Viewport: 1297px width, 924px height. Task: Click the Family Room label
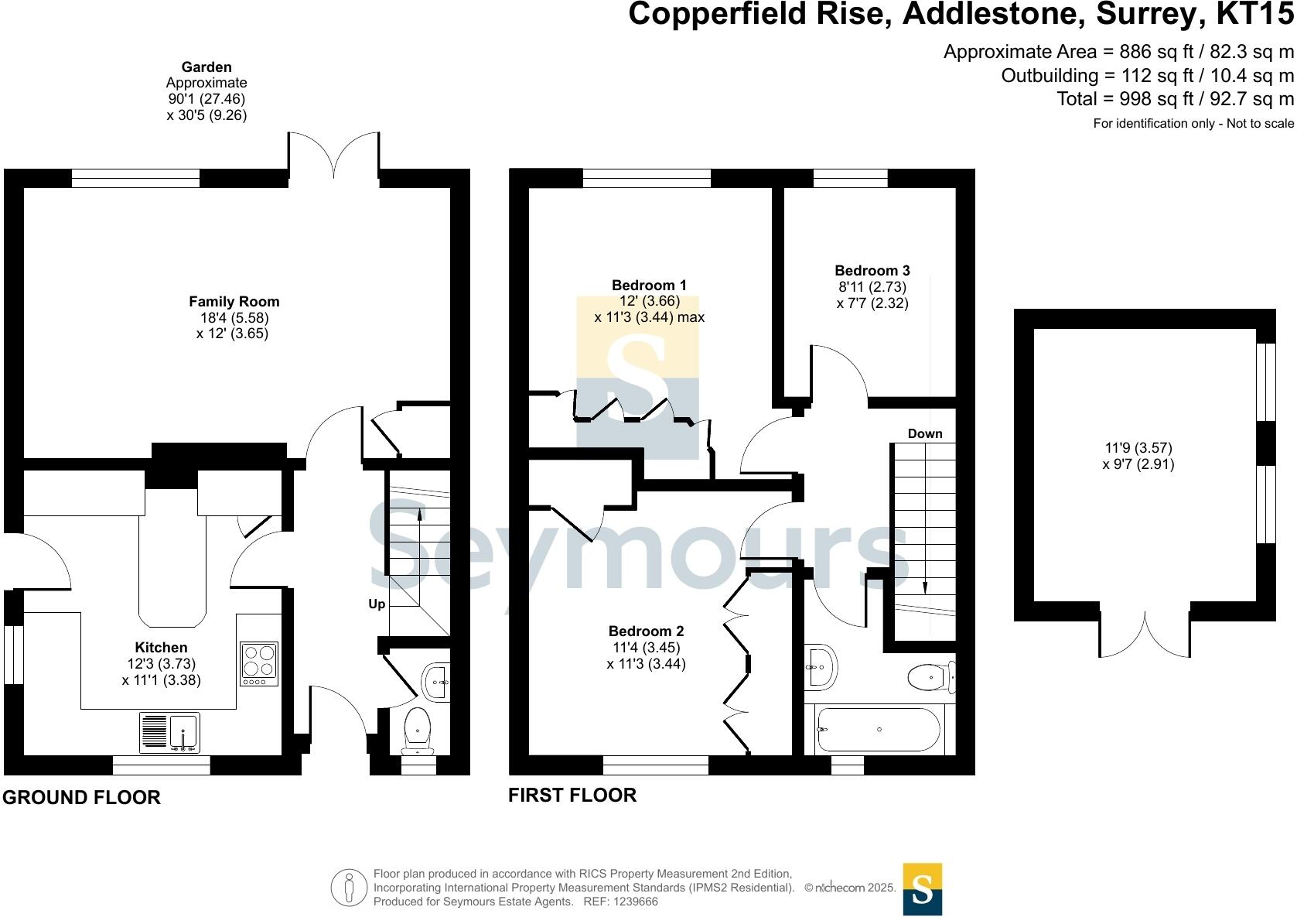pyautogui.click(x=234, y=302)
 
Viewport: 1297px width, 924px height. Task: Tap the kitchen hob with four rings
pyautogui.click(x=258, y=663)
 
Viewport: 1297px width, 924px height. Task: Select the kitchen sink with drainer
pyautogui.click(x=169, y=732)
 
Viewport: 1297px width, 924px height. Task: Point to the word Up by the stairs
pyautogui.click(x=377, y=604)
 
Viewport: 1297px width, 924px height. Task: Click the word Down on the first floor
pyautogui.click(x=925, y=433)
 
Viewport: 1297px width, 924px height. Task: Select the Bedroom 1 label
pyautogui.click(x=649, y=285)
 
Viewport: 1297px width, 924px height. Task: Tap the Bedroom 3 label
pyautogui.click(x=872, y=270)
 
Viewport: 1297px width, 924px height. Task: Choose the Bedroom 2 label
pyautogui.click(x=646, y=631)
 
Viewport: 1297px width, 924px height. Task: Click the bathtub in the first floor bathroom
pyautogui.click(x=878, y=729)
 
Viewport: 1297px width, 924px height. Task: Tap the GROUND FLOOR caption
pyautogui.click(x=81, y=797)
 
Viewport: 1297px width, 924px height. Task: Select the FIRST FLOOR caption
pyautogui.click(x=572, y=795)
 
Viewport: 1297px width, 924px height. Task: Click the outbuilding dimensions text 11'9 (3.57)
pyautogui.click(x=1138, y=447)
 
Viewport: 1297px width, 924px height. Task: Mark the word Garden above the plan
pyautogui.click(x=206, y=67)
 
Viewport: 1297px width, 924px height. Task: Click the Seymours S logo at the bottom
pyautogui.click(x=923, y=888)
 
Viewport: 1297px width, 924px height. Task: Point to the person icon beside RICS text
pyautogui.click(x=350, y=888)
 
